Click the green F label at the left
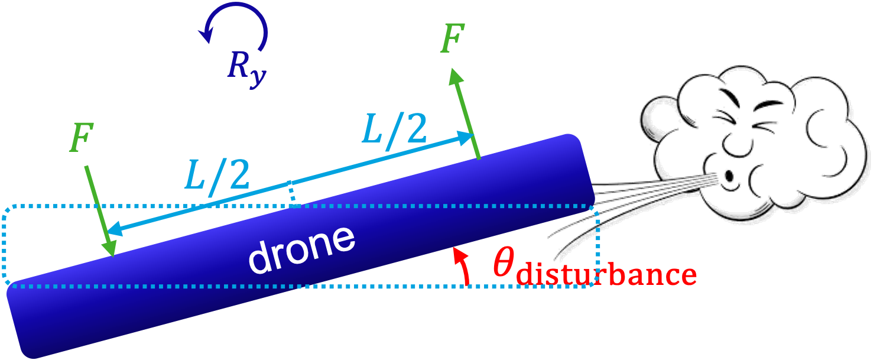80,140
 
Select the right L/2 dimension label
394,129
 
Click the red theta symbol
504,264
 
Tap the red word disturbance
605,275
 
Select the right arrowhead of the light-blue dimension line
466,138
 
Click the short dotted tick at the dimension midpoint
291,192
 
